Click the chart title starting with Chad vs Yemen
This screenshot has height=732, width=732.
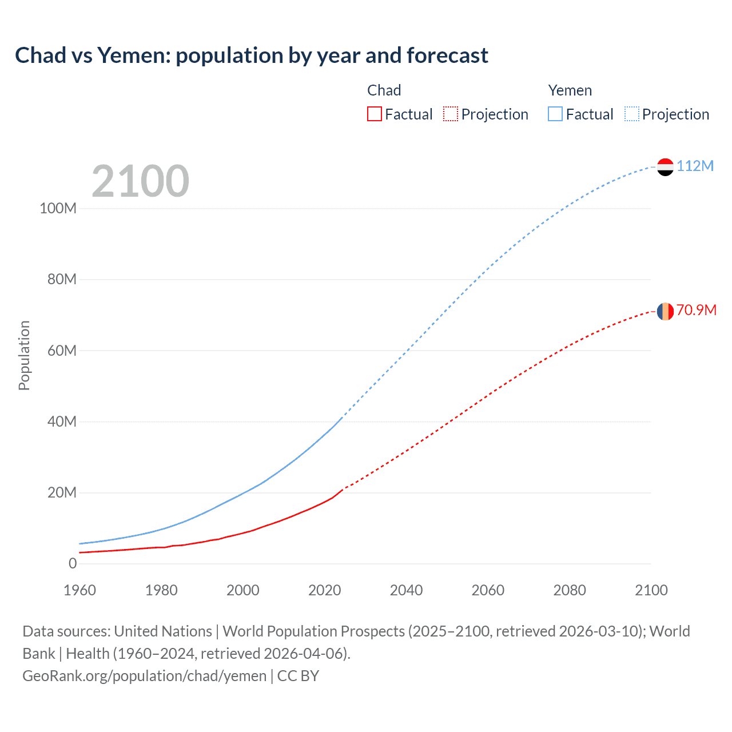click(x=252, y=55)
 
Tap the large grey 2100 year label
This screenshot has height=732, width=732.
click(x=140, y=181)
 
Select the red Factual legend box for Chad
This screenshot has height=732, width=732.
click(x=375, y=114)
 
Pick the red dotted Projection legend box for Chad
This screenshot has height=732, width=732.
click(x=451, y=114)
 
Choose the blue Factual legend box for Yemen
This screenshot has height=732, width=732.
click(x=555, y=114)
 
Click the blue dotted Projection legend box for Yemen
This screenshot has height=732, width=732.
click(x=631, y=114)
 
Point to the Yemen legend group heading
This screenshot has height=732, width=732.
click(x=570, y=90)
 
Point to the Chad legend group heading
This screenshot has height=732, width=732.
click(x=384, y=90)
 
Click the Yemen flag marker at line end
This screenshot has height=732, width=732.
click(x=665, y=167)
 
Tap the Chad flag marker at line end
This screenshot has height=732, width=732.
click(x=665, y=312)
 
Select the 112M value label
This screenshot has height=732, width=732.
click(x=695, y=166)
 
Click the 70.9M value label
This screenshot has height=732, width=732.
click(x=696, y=310)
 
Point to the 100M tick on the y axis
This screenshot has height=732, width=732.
click(x=58, y=208)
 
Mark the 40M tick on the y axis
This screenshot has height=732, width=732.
click(x=62, y=421)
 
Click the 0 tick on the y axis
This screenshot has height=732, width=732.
click(x=73, y=563)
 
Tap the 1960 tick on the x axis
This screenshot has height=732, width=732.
click(x=79, y=590)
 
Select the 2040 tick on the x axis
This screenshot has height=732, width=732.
click(x=406, y=590)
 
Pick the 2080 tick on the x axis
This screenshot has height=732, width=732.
click(x=570, y=590)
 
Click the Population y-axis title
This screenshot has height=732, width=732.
click(x=24, y=355)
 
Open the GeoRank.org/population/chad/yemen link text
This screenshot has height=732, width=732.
click(x=144, y=676)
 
